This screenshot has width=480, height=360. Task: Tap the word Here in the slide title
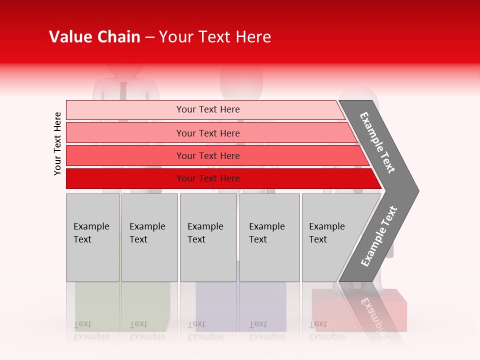253,37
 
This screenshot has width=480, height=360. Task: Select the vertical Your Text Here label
57,143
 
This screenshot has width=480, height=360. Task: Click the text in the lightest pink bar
208,109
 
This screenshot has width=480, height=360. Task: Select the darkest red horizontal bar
220,178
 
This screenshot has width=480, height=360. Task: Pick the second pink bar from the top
208,133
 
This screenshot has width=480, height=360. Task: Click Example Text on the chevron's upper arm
377,142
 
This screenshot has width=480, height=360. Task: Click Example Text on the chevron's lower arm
379,236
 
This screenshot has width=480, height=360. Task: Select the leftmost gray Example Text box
92,237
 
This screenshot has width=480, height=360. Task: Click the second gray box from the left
149,237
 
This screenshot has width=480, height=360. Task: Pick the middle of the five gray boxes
208,237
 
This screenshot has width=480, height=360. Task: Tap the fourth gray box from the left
269,237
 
